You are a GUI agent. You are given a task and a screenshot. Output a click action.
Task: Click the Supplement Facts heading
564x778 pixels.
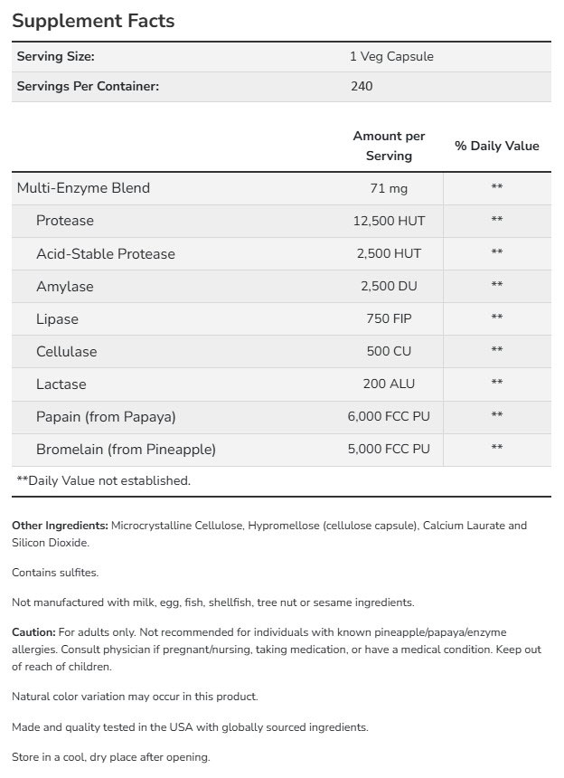pyautogui.click(x=93, y=20)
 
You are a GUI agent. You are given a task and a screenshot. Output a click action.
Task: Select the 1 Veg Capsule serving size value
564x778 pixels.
pyautogui.click(x=391, y=56)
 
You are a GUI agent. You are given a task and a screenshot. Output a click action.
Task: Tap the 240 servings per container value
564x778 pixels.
pyautogui.click(x=362, y=86)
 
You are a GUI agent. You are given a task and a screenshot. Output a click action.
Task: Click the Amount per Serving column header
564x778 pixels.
pyautogui.click(x=389, y=146)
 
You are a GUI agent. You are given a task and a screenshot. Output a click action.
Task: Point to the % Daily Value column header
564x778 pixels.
pyautogui.click(x=496, y=146)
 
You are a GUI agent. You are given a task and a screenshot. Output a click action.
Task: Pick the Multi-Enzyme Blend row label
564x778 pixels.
pyautogui.click(x=83, y=188)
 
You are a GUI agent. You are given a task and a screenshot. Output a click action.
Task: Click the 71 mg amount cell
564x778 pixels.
pyautogui.click(x=389, y=188)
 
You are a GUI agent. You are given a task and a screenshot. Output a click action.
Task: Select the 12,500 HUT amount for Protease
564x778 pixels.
pyautogui.click(x=389, y=221)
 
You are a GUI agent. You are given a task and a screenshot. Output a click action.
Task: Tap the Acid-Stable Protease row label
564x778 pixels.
pyautogui.click(x=106, y=253)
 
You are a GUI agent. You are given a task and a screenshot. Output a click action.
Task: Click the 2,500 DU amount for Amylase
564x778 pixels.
pyautogui.click(x=389, y=286)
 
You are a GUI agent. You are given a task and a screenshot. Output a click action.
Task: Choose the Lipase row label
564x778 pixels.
pyautogui.click(x=57, y=318)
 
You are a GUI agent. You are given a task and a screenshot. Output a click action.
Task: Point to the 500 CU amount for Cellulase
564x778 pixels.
pyautogui.click(x=389, y=351)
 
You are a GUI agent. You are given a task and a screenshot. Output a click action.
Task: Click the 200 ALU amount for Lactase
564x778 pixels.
pyautogui.click(x=389, y=384)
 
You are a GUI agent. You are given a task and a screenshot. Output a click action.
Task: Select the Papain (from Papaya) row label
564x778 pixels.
pyautogui.click(x=106, y=416)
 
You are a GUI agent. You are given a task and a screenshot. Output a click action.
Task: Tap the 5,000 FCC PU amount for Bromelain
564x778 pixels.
pyautogui.click(x=389, y=449)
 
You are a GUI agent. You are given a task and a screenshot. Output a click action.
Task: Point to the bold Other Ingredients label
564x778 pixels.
pyautogui.click(x=61, y=526)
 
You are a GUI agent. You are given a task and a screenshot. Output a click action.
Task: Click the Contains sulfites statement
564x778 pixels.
pyautogui.click(x=55, y=573)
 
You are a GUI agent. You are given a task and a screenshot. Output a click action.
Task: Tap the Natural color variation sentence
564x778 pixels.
pyautogui.click(x=135, y=697)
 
